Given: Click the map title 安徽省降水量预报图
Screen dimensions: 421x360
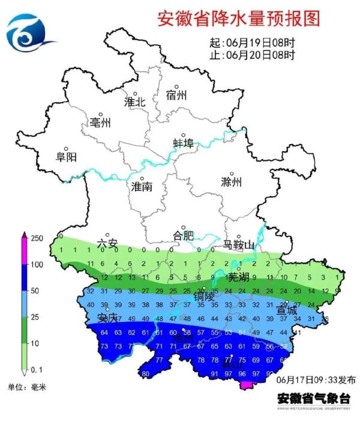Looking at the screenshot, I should (x=238, y=18).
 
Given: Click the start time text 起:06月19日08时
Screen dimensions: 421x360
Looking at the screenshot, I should (x=252, y=44).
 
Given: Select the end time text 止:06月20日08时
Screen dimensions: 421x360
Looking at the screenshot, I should (x=252, y=56).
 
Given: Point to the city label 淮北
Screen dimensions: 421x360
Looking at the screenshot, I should (x=135, y=102).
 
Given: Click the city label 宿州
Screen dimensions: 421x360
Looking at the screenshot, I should (x=176, y=95).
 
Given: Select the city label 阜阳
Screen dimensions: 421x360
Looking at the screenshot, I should (x=66, y=157).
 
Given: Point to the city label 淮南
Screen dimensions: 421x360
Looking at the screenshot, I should (x=142, y=187).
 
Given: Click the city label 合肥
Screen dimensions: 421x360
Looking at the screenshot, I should (x=183, y=234).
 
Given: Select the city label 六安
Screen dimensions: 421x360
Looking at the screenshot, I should (x=107, y=244).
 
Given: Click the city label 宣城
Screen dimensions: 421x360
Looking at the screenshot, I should (x=286, y=311).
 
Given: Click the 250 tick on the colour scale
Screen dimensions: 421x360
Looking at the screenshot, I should (x=37, y=238).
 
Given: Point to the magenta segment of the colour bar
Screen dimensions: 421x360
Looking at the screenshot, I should (x=23, y=248).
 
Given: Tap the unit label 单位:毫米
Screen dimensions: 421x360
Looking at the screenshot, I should (x=26, y=386).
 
